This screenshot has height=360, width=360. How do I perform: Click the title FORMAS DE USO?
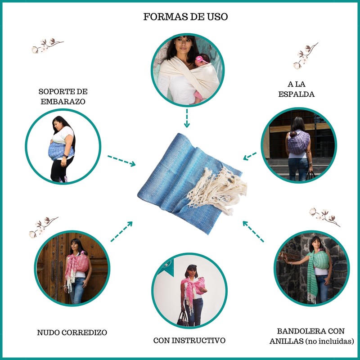pos(185,17)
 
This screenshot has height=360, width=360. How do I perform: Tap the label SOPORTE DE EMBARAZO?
pos(62,96)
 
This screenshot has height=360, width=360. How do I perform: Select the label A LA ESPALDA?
pos(301,89)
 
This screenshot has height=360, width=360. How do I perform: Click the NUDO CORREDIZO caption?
pos(72,333)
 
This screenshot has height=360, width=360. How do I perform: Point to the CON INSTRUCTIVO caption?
pos(189,341)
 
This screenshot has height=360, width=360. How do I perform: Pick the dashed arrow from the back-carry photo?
pos(250,156)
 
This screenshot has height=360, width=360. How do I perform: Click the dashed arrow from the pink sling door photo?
pos(121,231)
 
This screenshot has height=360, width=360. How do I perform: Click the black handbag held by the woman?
pos(183,319)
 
